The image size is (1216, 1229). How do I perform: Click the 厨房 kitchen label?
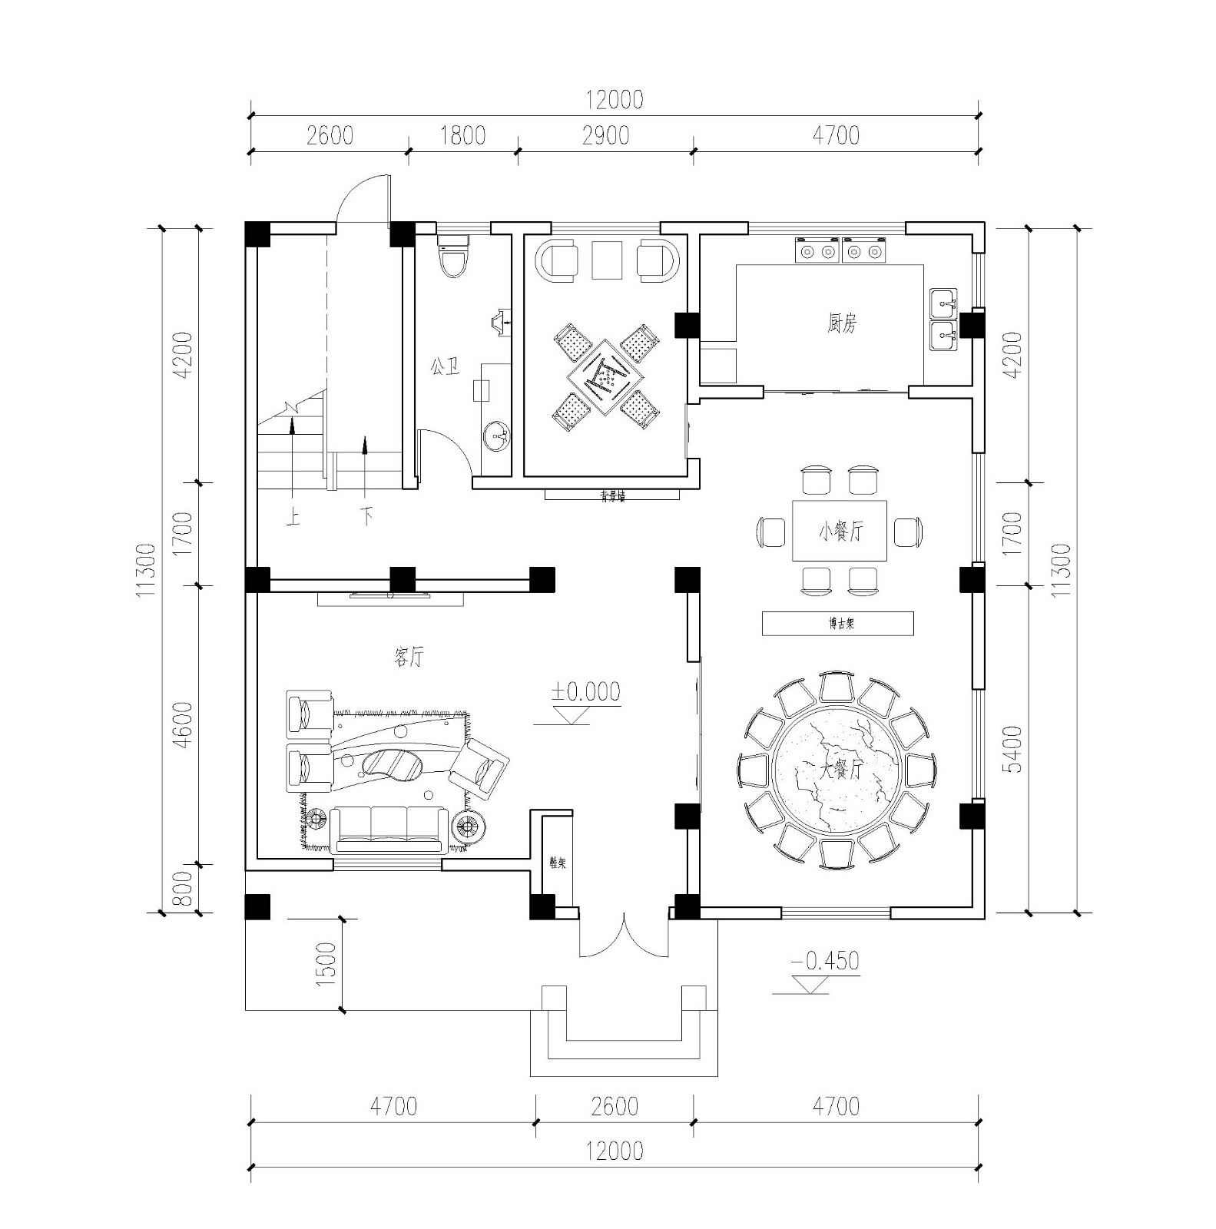click(x=842, y=324)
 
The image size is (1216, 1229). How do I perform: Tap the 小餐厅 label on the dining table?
click(x=840, y=532)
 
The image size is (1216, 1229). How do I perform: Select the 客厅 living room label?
click(x=408, y=658)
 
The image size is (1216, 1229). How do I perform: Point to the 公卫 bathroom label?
click(x=445, y=366)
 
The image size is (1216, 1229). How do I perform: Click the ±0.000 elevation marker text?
click(x=585, y=692)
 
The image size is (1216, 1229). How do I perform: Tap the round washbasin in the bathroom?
click(x=496, y=437)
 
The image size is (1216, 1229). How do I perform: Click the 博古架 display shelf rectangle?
click(x=837, y=624)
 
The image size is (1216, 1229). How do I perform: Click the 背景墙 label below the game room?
click(x=612, y=496)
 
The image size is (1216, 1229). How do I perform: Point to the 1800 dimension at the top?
click(x=462, y=136)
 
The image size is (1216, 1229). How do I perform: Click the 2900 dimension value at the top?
click(x=605, y=136)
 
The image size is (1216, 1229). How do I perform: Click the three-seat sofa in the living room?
click(x=389, y=830)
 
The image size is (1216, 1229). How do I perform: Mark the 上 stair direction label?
click(x=293, y=517)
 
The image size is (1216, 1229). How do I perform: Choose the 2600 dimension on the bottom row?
click(x=615, y=1106)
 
